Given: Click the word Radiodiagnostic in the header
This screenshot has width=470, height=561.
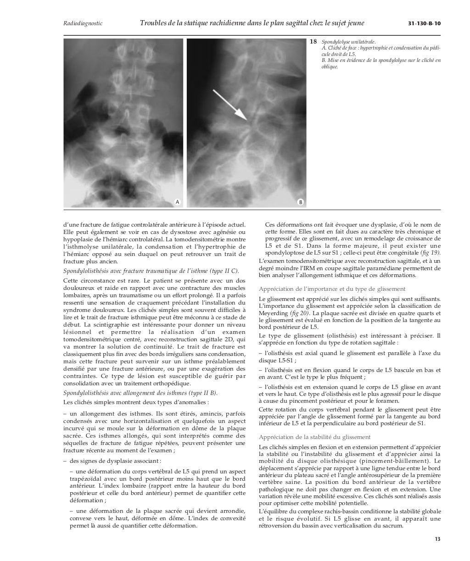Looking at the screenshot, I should coord(83,23).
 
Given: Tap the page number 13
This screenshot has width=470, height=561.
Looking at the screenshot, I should coord(437,539).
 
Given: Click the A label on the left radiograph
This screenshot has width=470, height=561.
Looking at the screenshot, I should coord(177,202).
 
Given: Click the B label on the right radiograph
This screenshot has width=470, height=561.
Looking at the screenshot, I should coord(300,202).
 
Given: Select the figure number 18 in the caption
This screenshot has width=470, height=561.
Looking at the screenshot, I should coord(313,42).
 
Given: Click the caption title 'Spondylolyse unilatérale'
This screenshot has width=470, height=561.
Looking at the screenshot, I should coord(348,42).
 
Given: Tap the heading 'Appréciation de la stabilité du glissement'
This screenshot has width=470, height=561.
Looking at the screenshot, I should coord(314,437).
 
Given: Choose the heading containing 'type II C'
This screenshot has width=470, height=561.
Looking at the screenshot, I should coord(151,271).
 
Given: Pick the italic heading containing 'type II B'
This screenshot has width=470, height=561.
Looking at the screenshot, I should coord(140,393).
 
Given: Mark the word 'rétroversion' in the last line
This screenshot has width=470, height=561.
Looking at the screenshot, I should coord(275,526).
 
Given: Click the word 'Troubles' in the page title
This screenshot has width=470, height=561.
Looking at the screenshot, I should coord(155,23).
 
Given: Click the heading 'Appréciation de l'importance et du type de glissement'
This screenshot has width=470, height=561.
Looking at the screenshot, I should coord(332,289).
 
